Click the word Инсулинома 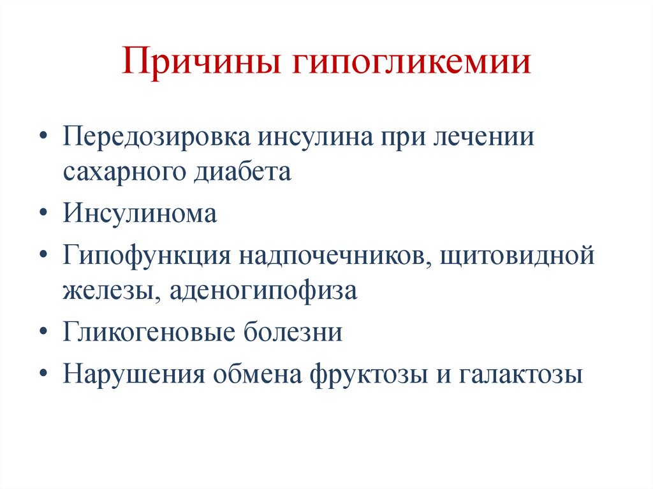[140, 214]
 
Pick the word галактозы [520, 373]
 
